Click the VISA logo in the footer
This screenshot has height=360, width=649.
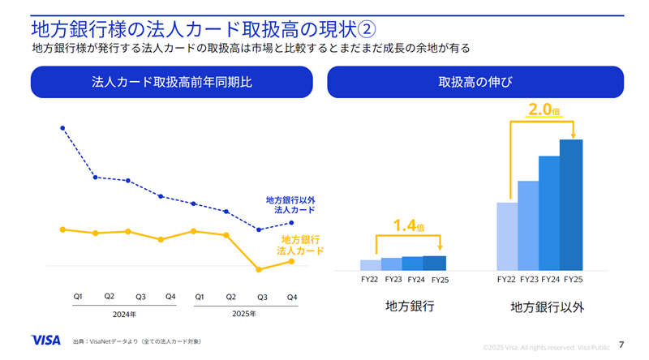45,341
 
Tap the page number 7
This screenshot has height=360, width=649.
621,342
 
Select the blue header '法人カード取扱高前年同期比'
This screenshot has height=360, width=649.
171,82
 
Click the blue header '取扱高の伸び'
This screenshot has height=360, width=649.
475,82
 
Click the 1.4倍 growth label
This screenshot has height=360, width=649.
408,226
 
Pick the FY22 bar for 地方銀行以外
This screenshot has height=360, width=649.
507,235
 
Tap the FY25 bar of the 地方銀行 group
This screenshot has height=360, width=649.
435,262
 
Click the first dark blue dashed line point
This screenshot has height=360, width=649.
62,128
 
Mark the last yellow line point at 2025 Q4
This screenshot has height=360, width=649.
291,261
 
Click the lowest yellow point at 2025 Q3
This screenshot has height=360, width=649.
259,269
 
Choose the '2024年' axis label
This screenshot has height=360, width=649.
123,314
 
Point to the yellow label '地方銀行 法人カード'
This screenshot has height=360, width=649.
300,245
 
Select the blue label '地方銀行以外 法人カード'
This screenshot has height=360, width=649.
290,204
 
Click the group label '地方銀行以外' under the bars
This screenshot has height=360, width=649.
547,307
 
